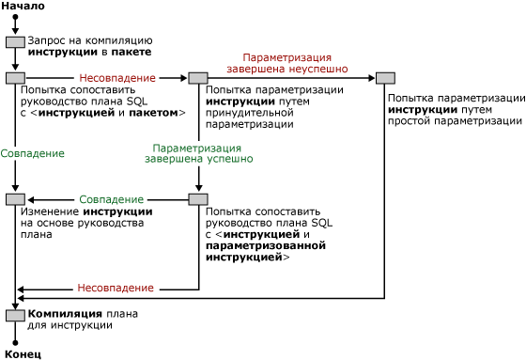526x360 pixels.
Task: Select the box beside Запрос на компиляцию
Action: tap(15, 41)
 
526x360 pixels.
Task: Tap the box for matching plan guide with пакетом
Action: tap(15, 78)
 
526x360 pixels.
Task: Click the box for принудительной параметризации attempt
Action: tap(197, 78)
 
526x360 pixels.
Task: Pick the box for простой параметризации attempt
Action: tap(385, 78)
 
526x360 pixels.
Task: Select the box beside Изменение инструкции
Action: tap(15, 199)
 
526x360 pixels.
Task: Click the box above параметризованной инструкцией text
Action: tap(197, 199)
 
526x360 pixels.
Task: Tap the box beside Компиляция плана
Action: tap(15, 315)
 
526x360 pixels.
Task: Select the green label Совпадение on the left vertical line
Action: tap(33, 152)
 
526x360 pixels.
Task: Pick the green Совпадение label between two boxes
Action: tap(111, 199)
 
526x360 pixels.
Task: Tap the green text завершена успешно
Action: tap(198, 160)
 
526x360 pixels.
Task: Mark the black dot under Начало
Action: tap(15, 18)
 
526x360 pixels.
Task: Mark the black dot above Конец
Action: tap(15, 343)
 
